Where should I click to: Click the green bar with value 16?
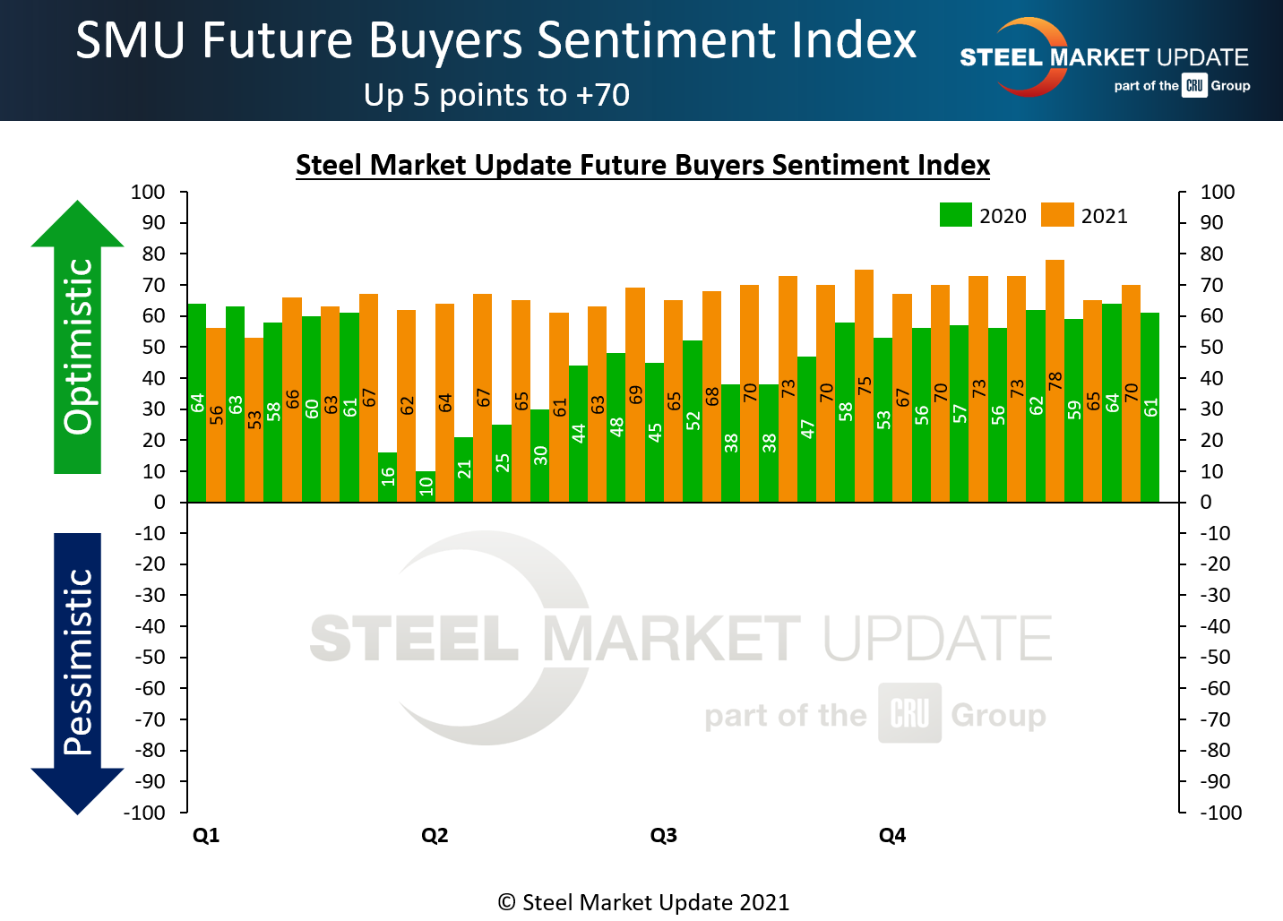tap(387, 478)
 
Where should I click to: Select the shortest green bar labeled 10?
tap(426, 486)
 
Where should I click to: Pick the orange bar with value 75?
tap(864, 385)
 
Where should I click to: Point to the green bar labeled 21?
tap(463, 469)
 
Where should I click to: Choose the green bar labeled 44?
tap(578, 434)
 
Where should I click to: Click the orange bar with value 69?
tap(635, 394)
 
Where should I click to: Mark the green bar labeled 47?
tap(806, 429)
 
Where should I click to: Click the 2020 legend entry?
tap(983, 216)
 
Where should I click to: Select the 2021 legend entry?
tap(1084, 216)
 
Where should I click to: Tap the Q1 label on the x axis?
tap(206, 836)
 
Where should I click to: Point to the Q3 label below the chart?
tap(663, 836)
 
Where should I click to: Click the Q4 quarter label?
tap(892, 836)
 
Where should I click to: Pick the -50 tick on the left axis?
tap(151, 658)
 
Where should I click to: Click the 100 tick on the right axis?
tap(1218, 193)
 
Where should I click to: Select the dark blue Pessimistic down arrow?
tap(78, 672)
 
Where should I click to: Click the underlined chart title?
tap(642, 166)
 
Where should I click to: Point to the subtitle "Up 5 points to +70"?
tap(496, 95)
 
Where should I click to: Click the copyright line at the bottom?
tap(643, 902)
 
